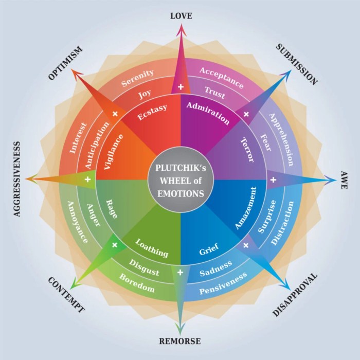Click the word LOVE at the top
(181, 16)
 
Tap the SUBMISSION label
(297, 63)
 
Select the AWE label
(343, 181)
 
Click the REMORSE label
(179, 341)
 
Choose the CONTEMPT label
(66, 295)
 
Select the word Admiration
(208, 113)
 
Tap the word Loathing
(152, 248)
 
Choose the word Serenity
(137, 78)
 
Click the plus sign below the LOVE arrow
(181, 87)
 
